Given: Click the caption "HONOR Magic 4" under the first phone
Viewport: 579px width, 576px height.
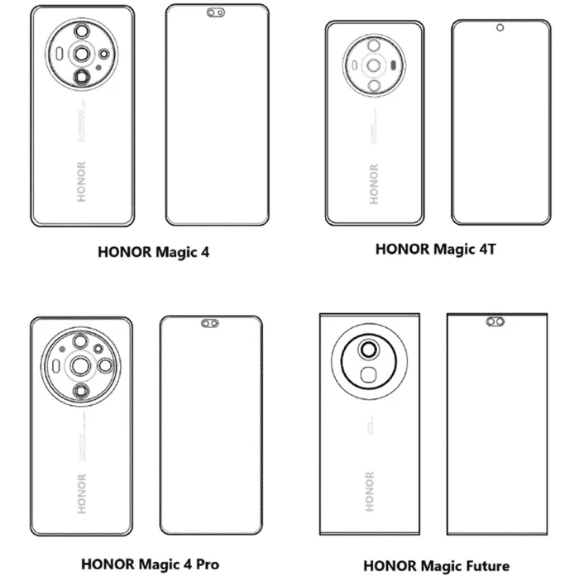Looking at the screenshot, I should (x=154, y=252).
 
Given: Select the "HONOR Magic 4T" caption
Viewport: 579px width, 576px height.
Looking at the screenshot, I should (x=435, y=248).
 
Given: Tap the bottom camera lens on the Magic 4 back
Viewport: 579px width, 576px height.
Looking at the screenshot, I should (x=82, y=79).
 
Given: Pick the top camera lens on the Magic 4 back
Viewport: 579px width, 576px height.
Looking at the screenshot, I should (x=83, y=31).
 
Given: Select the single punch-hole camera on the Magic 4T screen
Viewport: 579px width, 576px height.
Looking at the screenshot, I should (x=500, y=28).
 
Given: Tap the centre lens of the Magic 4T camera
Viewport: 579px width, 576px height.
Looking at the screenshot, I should (x=373, y=64).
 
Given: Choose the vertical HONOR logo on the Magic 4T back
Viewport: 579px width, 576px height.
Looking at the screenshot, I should (x=374, y=184).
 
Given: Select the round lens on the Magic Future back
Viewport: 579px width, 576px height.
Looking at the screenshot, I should (x=367, y=350).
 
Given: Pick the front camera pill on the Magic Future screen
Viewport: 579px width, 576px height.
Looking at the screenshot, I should (x=496, y=321).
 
